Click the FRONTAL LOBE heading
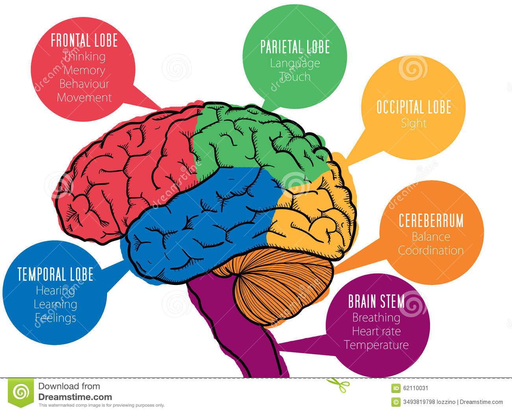click(84, 41)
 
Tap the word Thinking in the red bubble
click(84, 56)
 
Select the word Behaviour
click(84, 84)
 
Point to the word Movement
click(84, 97)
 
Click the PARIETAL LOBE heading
click(295, 47)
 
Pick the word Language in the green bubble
click(295, 63)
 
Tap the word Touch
click(295, 76)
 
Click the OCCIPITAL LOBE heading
click(414, 107)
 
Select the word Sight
click(414, 123)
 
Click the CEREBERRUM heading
click(431, 221)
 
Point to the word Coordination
click(431, 250)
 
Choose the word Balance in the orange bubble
click(431, 236)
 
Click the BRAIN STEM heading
click(376, 301)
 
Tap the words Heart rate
click(376, 331)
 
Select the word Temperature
click(376, 345)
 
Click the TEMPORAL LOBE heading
click(56, 274)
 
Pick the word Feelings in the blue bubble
click(56, 318)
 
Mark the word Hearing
click(56, 290)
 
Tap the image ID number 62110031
click(416, 388)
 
